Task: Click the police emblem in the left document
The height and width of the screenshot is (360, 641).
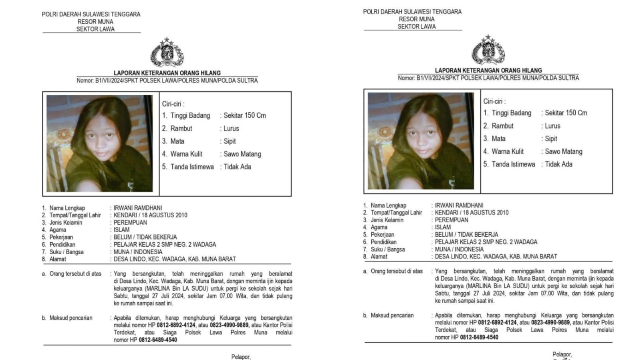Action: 167,52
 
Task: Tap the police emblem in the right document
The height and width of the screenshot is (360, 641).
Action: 488,50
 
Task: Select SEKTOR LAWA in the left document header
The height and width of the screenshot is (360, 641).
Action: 95,29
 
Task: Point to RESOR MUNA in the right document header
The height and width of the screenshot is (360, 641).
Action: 417,19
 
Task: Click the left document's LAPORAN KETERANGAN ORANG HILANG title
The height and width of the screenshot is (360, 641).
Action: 167,73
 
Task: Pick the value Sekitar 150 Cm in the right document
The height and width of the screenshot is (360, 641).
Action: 566,113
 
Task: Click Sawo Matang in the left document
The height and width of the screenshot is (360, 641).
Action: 242,154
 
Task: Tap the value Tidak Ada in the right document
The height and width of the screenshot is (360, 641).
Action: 558,164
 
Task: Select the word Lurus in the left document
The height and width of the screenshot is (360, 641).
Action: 231,129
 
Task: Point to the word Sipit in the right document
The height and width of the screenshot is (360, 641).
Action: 551,139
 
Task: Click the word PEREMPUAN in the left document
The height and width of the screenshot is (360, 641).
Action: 130,223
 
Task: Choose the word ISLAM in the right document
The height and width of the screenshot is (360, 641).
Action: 443,227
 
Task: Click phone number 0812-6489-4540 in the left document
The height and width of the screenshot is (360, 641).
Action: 158,340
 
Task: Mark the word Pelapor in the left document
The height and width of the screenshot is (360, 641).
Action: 240,357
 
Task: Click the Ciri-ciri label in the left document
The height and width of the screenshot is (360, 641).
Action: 173,104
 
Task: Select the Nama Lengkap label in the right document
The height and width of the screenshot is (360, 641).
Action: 388,205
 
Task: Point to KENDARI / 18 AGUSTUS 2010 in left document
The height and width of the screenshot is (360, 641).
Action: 150,215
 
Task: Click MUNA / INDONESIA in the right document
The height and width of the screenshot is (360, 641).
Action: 459,249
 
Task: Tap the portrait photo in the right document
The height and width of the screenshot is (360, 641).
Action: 421,141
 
